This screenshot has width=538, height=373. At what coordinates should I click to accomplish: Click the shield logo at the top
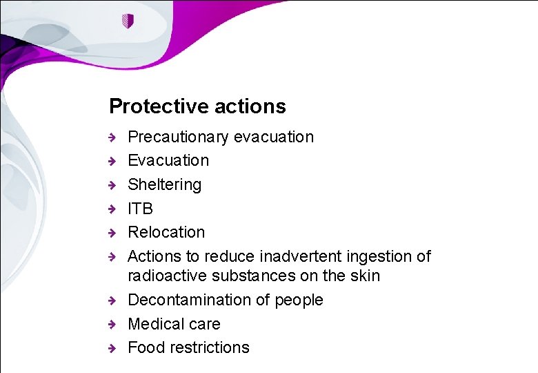[127, 21]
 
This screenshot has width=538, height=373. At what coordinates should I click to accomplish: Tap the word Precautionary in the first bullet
[179, 137]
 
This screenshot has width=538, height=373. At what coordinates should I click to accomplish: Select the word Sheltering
[165, 184]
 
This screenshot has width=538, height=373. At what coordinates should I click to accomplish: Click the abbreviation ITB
[141, 209]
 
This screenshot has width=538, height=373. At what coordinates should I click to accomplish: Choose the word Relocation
[166, 232]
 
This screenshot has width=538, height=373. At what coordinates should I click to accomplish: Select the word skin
[366, 276]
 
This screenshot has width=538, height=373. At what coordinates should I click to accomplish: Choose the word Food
[143, 347]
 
